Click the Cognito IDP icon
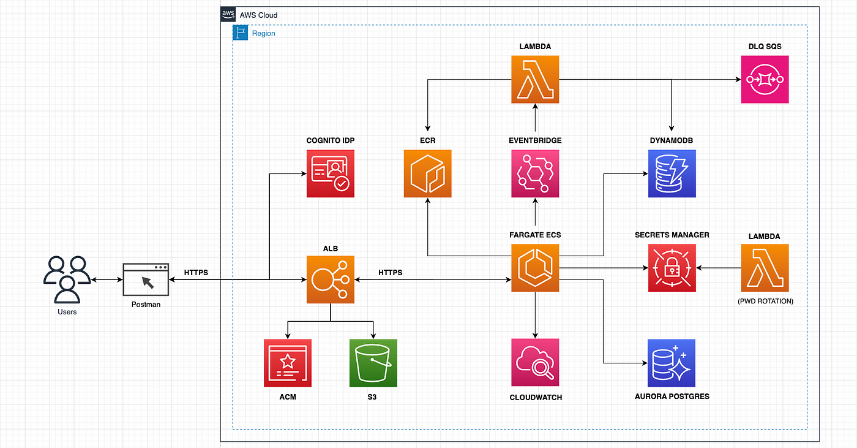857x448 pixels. click(330, 173)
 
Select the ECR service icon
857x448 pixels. click(427, 173)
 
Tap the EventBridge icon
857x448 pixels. click(535, 173)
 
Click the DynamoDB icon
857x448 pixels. click(672, 173)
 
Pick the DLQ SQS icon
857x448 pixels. click(765, 79)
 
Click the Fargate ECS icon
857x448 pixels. click(535, 268)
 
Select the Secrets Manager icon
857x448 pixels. click(672, 268)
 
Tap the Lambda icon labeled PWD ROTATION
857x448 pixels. click(765, 268)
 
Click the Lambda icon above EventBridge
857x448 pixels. click(535, 79)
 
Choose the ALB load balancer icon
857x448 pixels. click(330, 279)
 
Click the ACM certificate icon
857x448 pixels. click(287, 363)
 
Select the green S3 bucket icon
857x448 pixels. click(373, 363)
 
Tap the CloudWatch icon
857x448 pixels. click(535, 362)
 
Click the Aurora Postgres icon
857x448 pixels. click(672, 363)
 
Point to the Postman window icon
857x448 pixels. click(146, 279)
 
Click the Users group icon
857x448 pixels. click(67, 279)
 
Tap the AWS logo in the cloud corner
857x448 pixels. click(228, 14)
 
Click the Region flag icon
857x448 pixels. click(240, 32)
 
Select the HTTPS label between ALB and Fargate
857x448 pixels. click(391, 272)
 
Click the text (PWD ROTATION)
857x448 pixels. click(765, 301)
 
